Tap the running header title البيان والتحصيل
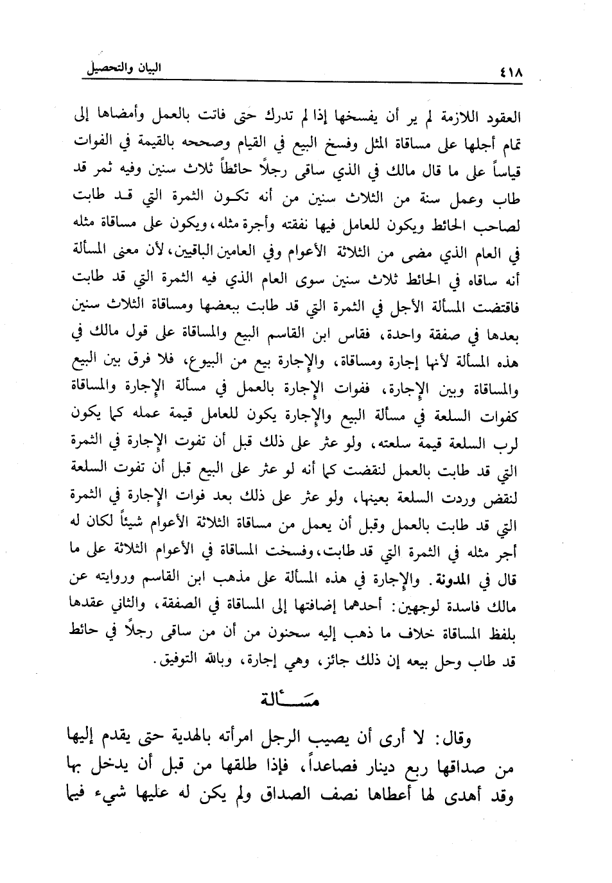point(123,69)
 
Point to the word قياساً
point(502,172)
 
